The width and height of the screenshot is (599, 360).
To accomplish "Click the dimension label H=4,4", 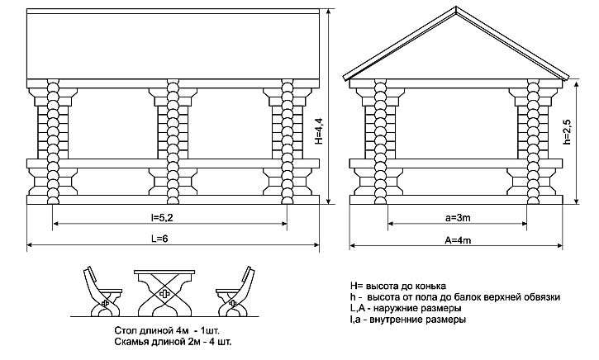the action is point(320,130).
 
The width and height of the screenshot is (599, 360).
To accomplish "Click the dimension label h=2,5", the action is point(568,131).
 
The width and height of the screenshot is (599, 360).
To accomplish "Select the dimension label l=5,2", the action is point(162,218).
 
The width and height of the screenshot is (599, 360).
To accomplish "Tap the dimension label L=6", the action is point(159,239).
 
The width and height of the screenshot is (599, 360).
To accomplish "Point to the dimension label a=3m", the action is point(458,218).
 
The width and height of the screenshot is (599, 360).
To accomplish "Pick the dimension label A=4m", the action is point(458,239).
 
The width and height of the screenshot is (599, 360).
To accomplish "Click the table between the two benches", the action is point(164,293).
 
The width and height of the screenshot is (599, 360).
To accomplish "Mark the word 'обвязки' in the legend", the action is point(542,297).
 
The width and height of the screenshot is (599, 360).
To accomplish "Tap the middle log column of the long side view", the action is point(173,142).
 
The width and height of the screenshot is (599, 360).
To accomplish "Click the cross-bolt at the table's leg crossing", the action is point(164,294).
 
